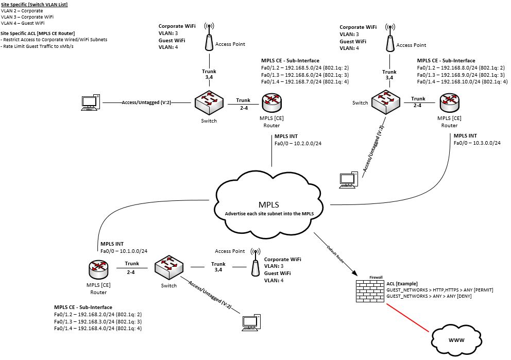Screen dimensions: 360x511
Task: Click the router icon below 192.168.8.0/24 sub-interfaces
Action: pyautogui.click(x=449, y=104)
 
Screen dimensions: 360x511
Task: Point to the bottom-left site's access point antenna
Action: pyautogui.click(x=254, y=263)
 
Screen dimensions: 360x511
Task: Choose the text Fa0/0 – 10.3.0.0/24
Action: pyautogui.click(x=477, y=143)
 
